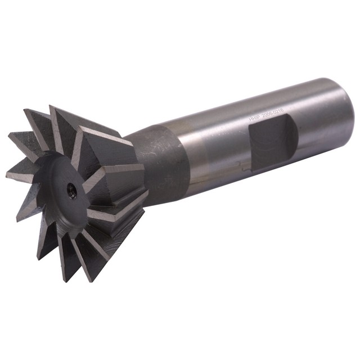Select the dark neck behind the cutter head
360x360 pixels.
pos(160,163)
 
